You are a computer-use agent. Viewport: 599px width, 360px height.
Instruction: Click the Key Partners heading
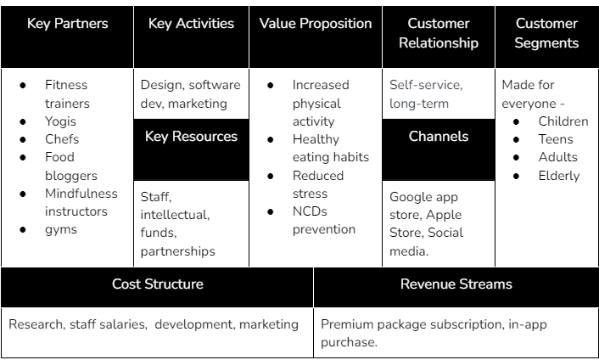click(67, 24)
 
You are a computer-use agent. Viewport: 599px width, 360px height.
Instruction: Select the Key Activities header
click(191, 24)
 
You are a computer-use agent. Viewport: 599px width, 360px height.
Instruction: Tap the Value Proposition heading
click(316, 24)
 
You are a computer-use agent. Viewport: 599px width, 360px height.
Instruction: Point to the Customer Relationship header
click(438, 33)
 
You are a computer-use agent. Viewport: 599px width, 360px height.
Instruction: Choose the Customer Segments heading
click(546, 33)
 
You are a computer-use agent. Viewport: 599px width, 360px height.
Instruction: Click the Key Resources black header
click(191, 137)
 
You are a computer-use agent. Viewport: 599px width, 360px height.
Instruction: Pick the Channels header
click(438, 137)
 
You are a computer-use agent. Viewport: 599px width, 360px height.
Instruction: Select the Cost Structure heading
click(157, 284)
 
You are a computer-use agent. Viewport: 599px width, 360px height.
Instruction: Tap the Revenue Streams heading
click(456, 284)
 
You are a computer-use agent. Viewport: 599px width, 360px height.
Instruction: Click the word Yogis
click(62, 121)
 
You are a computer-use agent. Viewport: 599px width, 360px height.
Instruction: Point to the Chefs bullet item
click(62, 139)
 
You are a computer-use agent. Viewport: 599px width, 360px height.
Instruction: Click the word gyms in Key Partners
click(61, 229)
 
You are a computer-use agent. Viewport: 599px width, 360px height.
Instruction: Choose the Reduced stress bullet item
click(317, 184)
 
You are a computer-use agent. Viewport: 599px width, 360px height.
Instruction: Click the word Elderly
click(558, 176)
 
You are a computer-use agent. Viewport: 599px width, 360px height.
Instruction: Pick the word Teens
click(556, 139)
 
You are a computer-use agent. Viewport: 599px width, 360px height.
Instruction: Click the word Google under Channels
click(411, 197)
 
